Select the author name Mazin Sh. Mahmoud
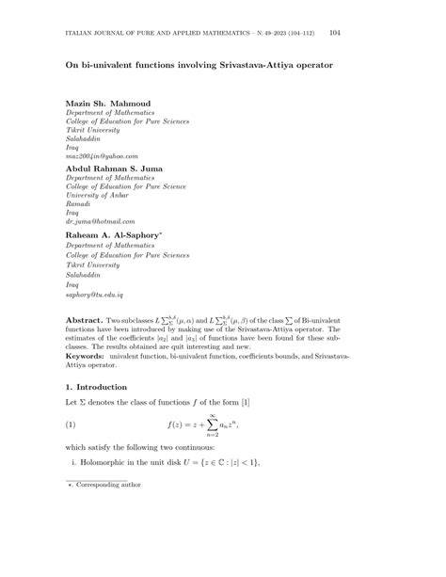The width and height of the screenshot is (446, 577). click(x=107, y=102)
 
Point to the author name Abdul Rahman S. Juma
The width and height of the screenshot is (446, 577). click(x=114, y=169)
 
